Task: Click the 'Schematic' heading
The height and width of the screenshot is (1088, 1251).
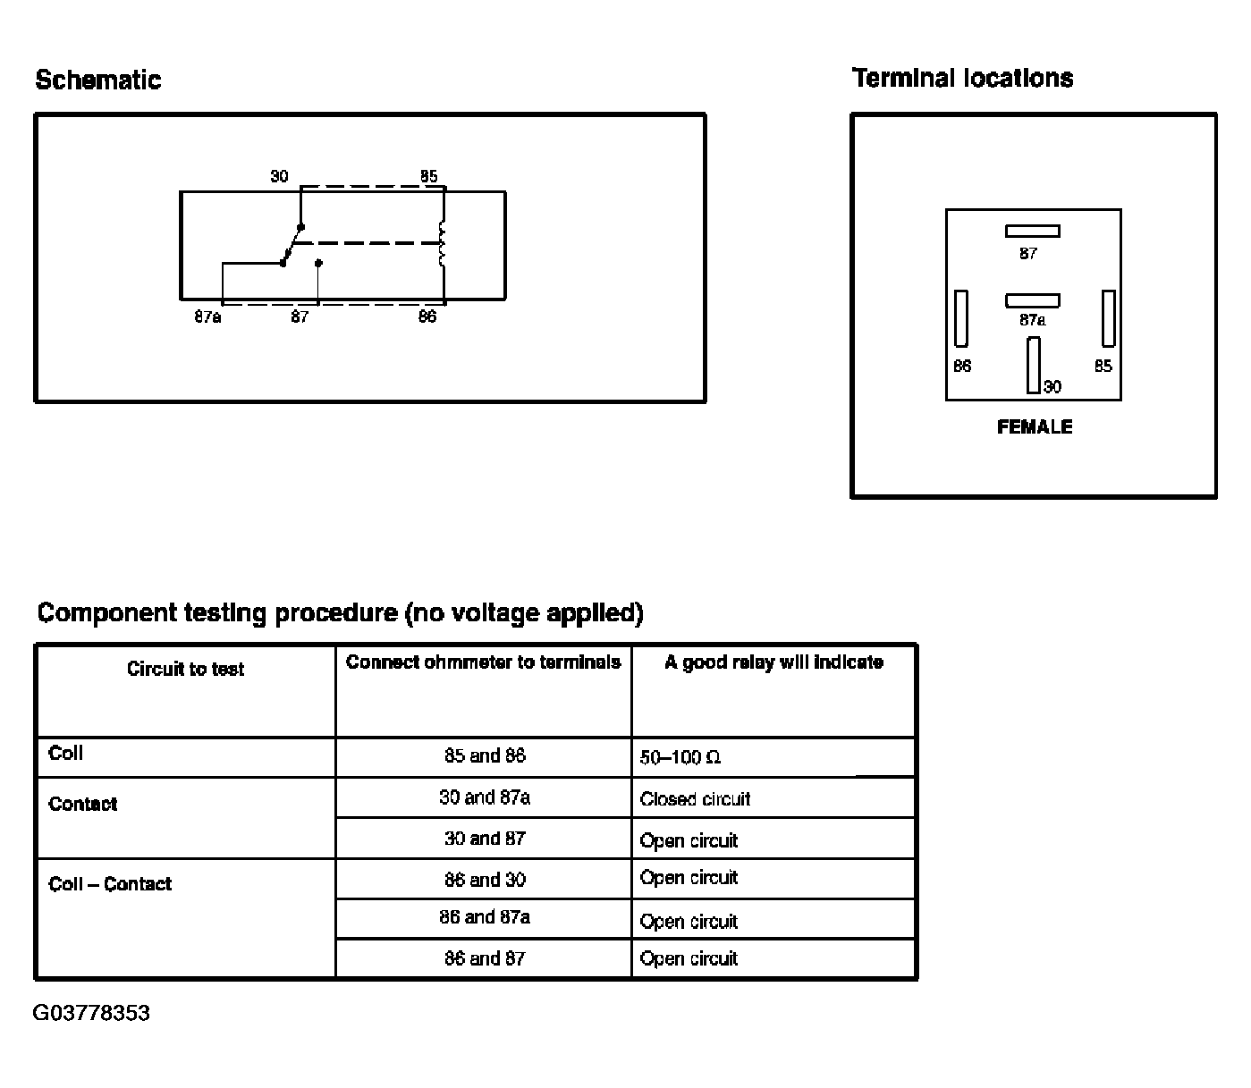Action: [98, 80]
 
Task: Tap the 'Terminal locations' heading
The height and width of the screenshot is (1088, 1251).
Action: [962, 79]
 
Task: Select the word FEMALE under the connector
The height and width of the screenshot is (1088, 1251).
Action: [1034, 427]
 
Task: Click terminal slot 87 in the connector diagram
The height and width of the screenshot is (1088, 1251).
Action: [1032, 231]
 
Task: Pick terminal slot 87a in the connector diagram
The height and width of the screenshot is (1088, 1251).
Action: [1032, 300]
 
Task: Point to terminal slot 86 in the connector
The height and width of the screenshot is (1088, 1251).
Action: [961, 318]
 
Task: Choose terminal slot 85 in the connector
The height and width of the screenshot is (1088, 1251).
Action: [1108, 318]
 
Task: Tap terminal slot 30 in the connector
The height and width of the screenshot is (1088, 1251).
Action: [1034, 365]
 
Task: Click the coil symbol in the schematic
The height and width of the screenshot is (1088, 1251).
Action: [442, 243]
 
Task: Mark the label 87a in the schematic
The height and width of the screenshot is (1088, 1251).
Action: [207, 317]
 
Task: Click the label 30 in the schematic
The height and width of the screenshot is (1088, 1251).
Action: [280, 176]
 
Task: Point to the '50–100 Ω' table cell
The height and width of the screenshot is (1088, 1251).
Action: [680, 758]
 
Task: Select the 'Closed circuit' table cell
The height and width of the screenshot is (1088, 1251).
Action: [695, 799]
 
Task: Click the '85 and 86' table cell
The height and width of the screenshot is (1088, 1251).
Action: [485, 756]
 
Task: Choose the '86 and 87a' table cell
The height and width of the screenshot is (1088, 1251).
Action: [485, 917]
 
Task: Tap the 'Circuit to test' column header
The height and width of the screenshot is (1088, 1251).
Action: [185, 669]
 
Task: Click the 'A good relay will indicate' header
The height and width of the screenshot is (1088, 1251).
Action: [773, 662]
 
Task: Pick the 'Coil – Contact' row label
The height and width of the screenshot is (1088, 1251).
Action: [110, 884]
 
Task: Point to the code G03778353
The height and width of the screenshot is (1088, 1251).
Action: [91, 1013]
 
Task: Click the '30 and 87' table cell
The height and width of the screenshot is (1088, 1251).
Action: [485, 839]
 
